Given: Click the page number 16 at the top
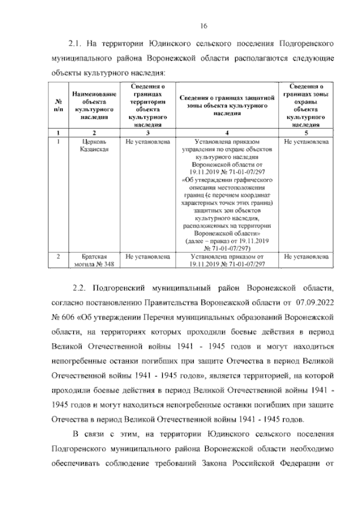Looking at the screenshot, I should click(x=204, y=26).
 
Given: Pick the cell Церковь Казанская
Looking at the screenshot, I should click(x=94, y=146).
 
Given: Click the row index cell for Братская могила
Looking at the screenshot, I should click(x=59, y=256).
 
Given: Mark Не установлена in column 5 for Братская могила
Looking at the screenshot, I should click(x=306, y=256).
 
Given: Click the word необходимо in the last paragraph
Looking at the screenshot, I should click(x=309, y=450).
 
